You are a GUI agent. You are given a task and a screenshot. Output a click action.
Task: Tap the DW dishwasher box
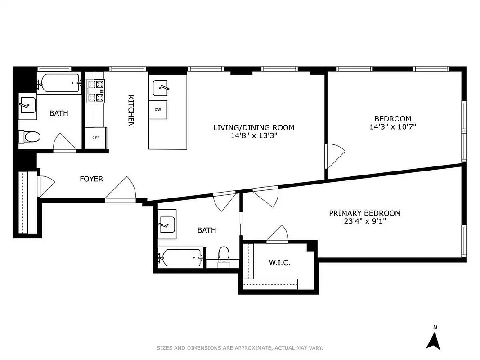158,110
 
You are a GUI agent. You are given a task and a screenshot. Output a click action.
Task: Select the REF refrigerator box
96,138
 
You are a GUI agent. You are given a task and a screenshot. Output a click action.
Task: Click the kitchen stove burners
96,90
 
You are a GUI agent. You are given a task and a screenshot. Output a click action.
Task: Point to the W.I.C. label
279,262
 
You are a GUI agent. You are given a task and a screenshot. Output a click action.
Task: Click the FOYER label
91,179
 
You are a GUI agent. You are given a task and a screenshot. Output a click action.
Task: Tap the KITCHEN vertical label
131,111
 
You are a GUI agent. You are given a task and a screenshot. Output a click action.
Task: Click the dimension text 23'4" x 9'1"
364,221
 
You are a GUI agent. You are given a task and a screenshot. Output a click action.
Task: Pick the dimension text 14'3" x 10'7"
393,127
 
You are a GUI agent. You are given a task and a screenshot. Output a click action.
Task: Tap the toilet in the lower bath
224,255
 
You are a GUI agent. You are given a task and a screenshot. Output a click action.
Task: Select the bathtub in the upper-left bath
59,83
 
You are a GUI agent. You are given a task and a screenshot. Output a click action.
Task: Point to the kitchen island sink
161,88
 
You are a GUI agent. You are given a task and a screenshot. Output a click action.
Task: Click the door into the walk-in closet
278,234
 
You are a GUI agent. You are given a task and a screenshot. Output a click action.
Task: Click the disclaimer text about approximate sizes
240,348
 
